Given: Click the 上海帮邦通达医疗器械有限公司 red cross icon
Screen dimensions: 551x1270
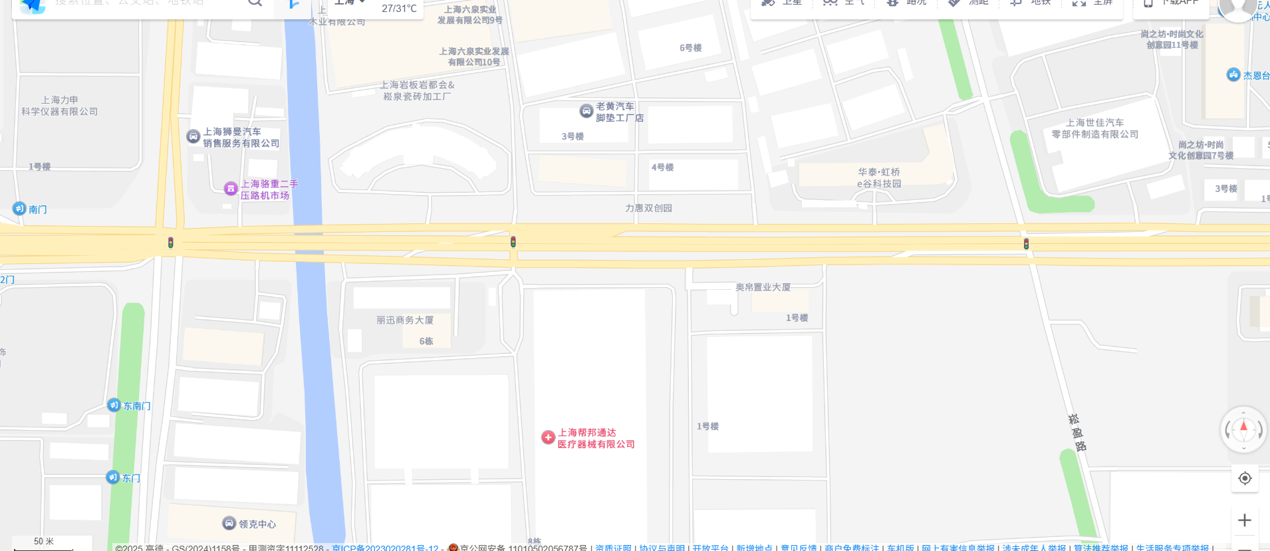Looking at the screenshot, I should click(548, 437).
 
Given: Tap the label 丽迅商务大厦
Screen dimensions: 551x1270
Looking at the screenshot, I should click(405, 320).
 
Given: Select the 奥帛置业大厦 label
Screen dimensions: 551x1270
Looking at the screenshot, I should click(763, 287).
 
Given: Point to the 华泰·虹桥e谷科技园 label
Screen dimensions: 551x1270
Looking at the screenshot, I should click(878, 177).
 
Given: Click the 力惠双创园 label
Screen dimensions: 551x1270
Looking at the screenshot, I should click(648, 208).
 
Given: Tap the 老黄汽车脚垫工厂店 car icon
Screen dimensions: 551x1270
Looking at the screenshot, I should click(586, 111).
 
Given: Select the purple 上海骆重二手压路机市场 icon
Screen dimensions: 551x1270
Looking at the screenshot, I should click(231, 189).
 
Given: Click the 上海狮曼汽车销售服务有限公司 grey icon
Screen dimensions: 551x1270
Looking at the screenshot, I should click(193, 136).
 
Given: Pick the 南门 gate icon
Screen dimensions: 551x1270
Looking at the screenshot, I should click(19, 209).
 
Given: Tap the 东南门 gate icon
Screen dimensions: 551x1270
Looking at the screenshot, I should click(114, 405).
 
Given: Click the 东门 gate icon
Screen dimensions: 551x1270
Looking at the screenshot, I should click(113, 477).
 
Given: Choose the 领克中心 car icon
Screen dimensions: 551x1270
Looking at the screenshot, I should click(229, 523).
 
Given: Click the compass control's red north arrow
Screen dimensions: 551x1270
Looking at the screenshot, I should click(1243, 426).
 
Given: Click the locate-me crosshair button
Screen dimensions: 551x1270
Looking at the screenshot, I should click(1245, 478).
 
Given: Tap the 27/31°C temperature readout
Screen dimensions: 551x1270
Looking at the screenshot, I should click(399, 9).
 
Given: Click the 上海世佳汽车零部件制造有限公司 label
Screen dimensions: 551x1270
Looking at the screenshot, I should click(1094, 128).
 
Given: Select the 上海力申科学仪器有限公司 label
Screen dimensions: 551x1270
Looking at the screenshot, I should click(60, 106).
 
